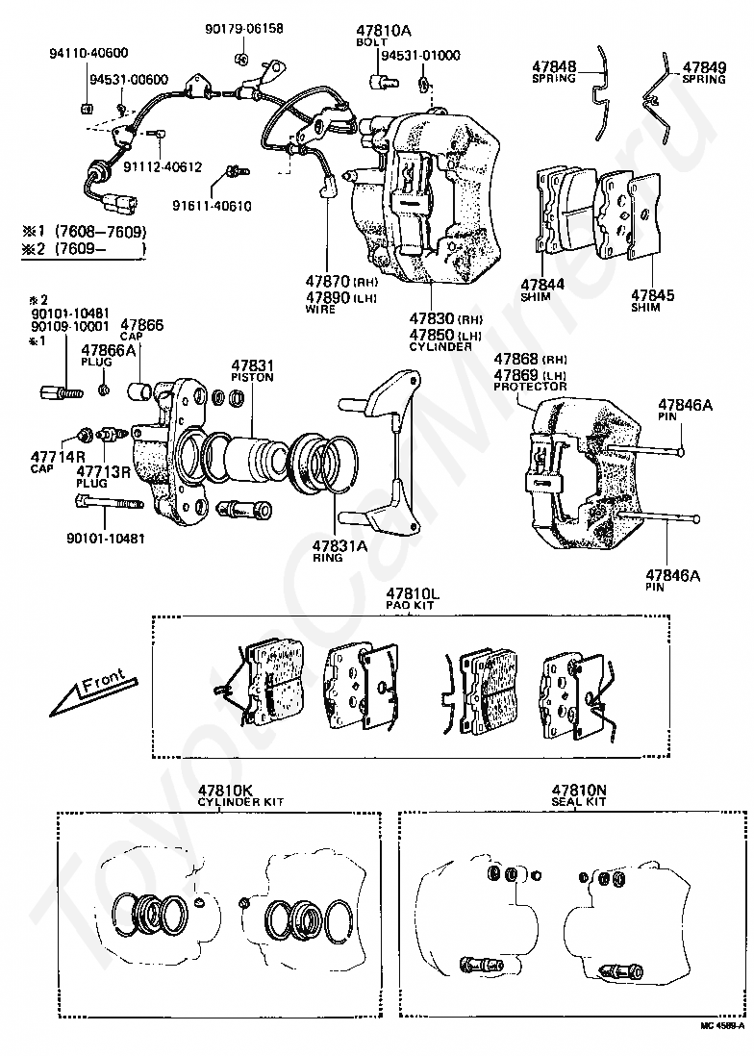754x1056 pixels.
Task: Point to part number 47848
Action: click(x=555, y=67)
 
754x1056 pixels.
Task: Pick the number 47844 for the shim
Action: click(x=542, y=285)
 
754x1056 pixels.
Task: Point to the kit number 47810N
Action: click(x=579, y=790)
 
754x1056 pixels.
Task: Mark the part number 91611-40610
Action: click(x=212, y=205)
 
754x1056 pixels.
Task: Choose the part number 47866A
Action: click(x=109, y=350)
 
